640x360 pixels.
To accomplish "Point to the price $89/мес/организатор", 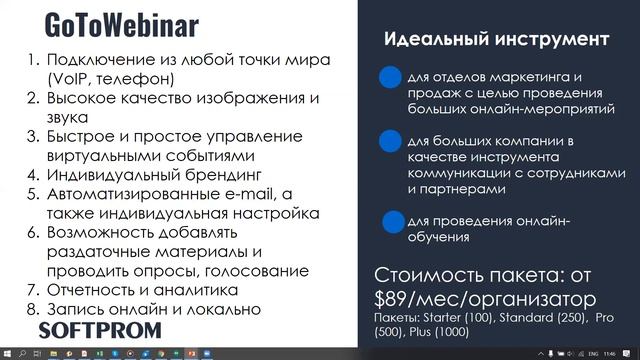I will click(485, 299).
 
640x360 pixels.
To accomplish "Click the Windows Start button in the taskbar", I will click(8, 353).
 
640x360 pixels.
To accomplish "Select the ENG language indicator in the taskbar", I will click(590, 353).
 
